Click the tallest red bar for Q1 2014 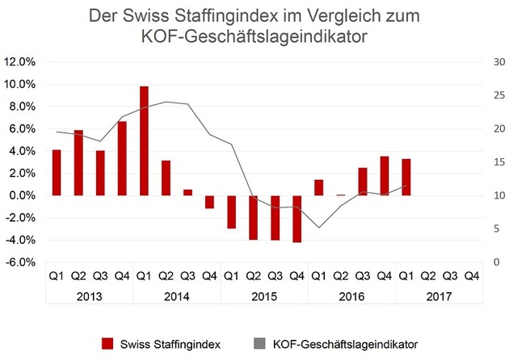(x=144, y=140)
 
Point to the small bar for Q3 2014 (x=187, y=192)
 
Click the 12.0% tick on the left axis (x=20, y=62)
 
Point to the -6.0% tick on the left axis (x=20, y=262)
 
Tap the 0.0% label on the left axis (x=21, y=196)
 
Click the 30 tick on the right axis (x=490, y=62)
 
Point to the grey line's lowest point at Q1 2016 (x=318, y=228)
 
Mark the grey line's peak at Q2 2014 (x=166, y=102)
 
